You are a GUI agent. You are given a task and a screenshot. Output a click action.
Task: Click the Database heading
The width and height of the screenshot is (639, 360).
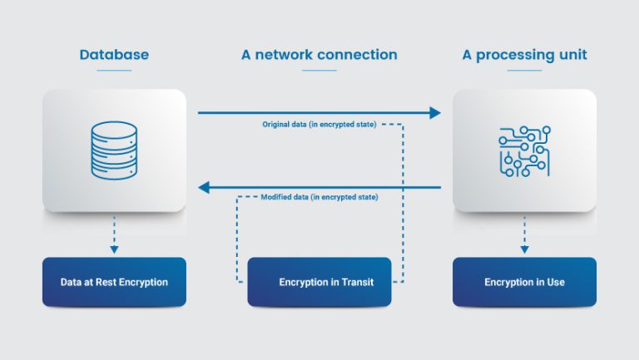click(114, 55)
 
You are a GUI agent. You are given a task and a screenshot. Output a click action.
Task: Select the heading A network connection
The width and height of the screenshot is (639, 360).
click(319, 55)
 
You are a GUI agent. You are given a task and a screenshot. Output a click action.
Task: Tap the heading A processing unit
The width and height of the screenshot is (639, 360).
click(524, 55)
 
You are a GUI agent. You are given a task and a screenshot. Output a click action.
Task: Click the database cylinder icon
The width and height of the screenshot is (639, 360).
click(114, 150)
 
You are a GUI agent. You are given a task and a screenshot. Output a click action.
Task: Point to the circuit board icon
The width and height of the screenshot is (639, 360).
click(524, 150)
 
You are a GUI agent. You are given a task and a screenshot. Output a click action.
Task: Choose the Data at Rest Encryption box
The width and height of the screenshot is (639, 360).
click(114, 282)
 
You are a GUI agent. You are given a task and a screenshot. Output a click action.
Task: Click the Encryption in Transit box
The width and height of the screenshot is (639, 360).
click(319, 282)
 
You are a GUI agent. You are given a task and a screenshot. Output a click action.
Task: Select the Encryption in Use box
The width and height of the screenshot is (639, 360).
click(524, 282)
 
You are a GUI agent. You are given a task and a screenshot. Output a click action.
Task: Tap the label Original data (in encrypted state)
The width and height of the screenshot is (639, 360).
click(319, 124)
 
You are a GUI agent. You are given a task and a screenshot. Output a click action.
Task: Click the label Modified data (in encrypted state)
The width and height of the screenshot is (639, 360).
click(319, 198)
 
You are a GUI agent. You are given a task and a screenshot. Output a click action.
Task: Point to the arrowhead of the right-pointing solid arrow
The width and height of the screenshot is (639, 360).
click(434, 112)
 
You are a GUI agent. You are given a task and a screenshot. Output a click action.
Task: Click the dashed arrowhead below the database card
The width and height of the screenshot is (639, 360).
click(114, 249)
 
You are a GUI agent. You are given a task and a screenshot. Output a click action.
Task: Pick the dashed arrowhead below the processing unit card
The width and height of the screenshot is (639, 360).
click(524, 249)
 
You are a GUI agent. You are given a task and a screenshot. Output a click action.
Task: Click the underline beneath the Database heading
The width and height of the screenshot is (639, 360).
click(114, 71)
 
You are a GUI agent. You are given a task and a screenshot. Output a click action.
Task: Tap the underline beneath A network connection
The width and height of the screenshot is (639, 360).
click(319, 71)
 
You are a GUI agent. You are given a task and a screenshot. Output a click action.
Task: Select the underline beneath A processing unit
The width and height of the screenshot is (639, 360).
click(524, 71)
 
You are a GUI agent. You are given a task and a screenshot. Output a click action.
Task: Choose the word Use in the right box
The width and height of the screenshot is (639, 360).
click(555, 283)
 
